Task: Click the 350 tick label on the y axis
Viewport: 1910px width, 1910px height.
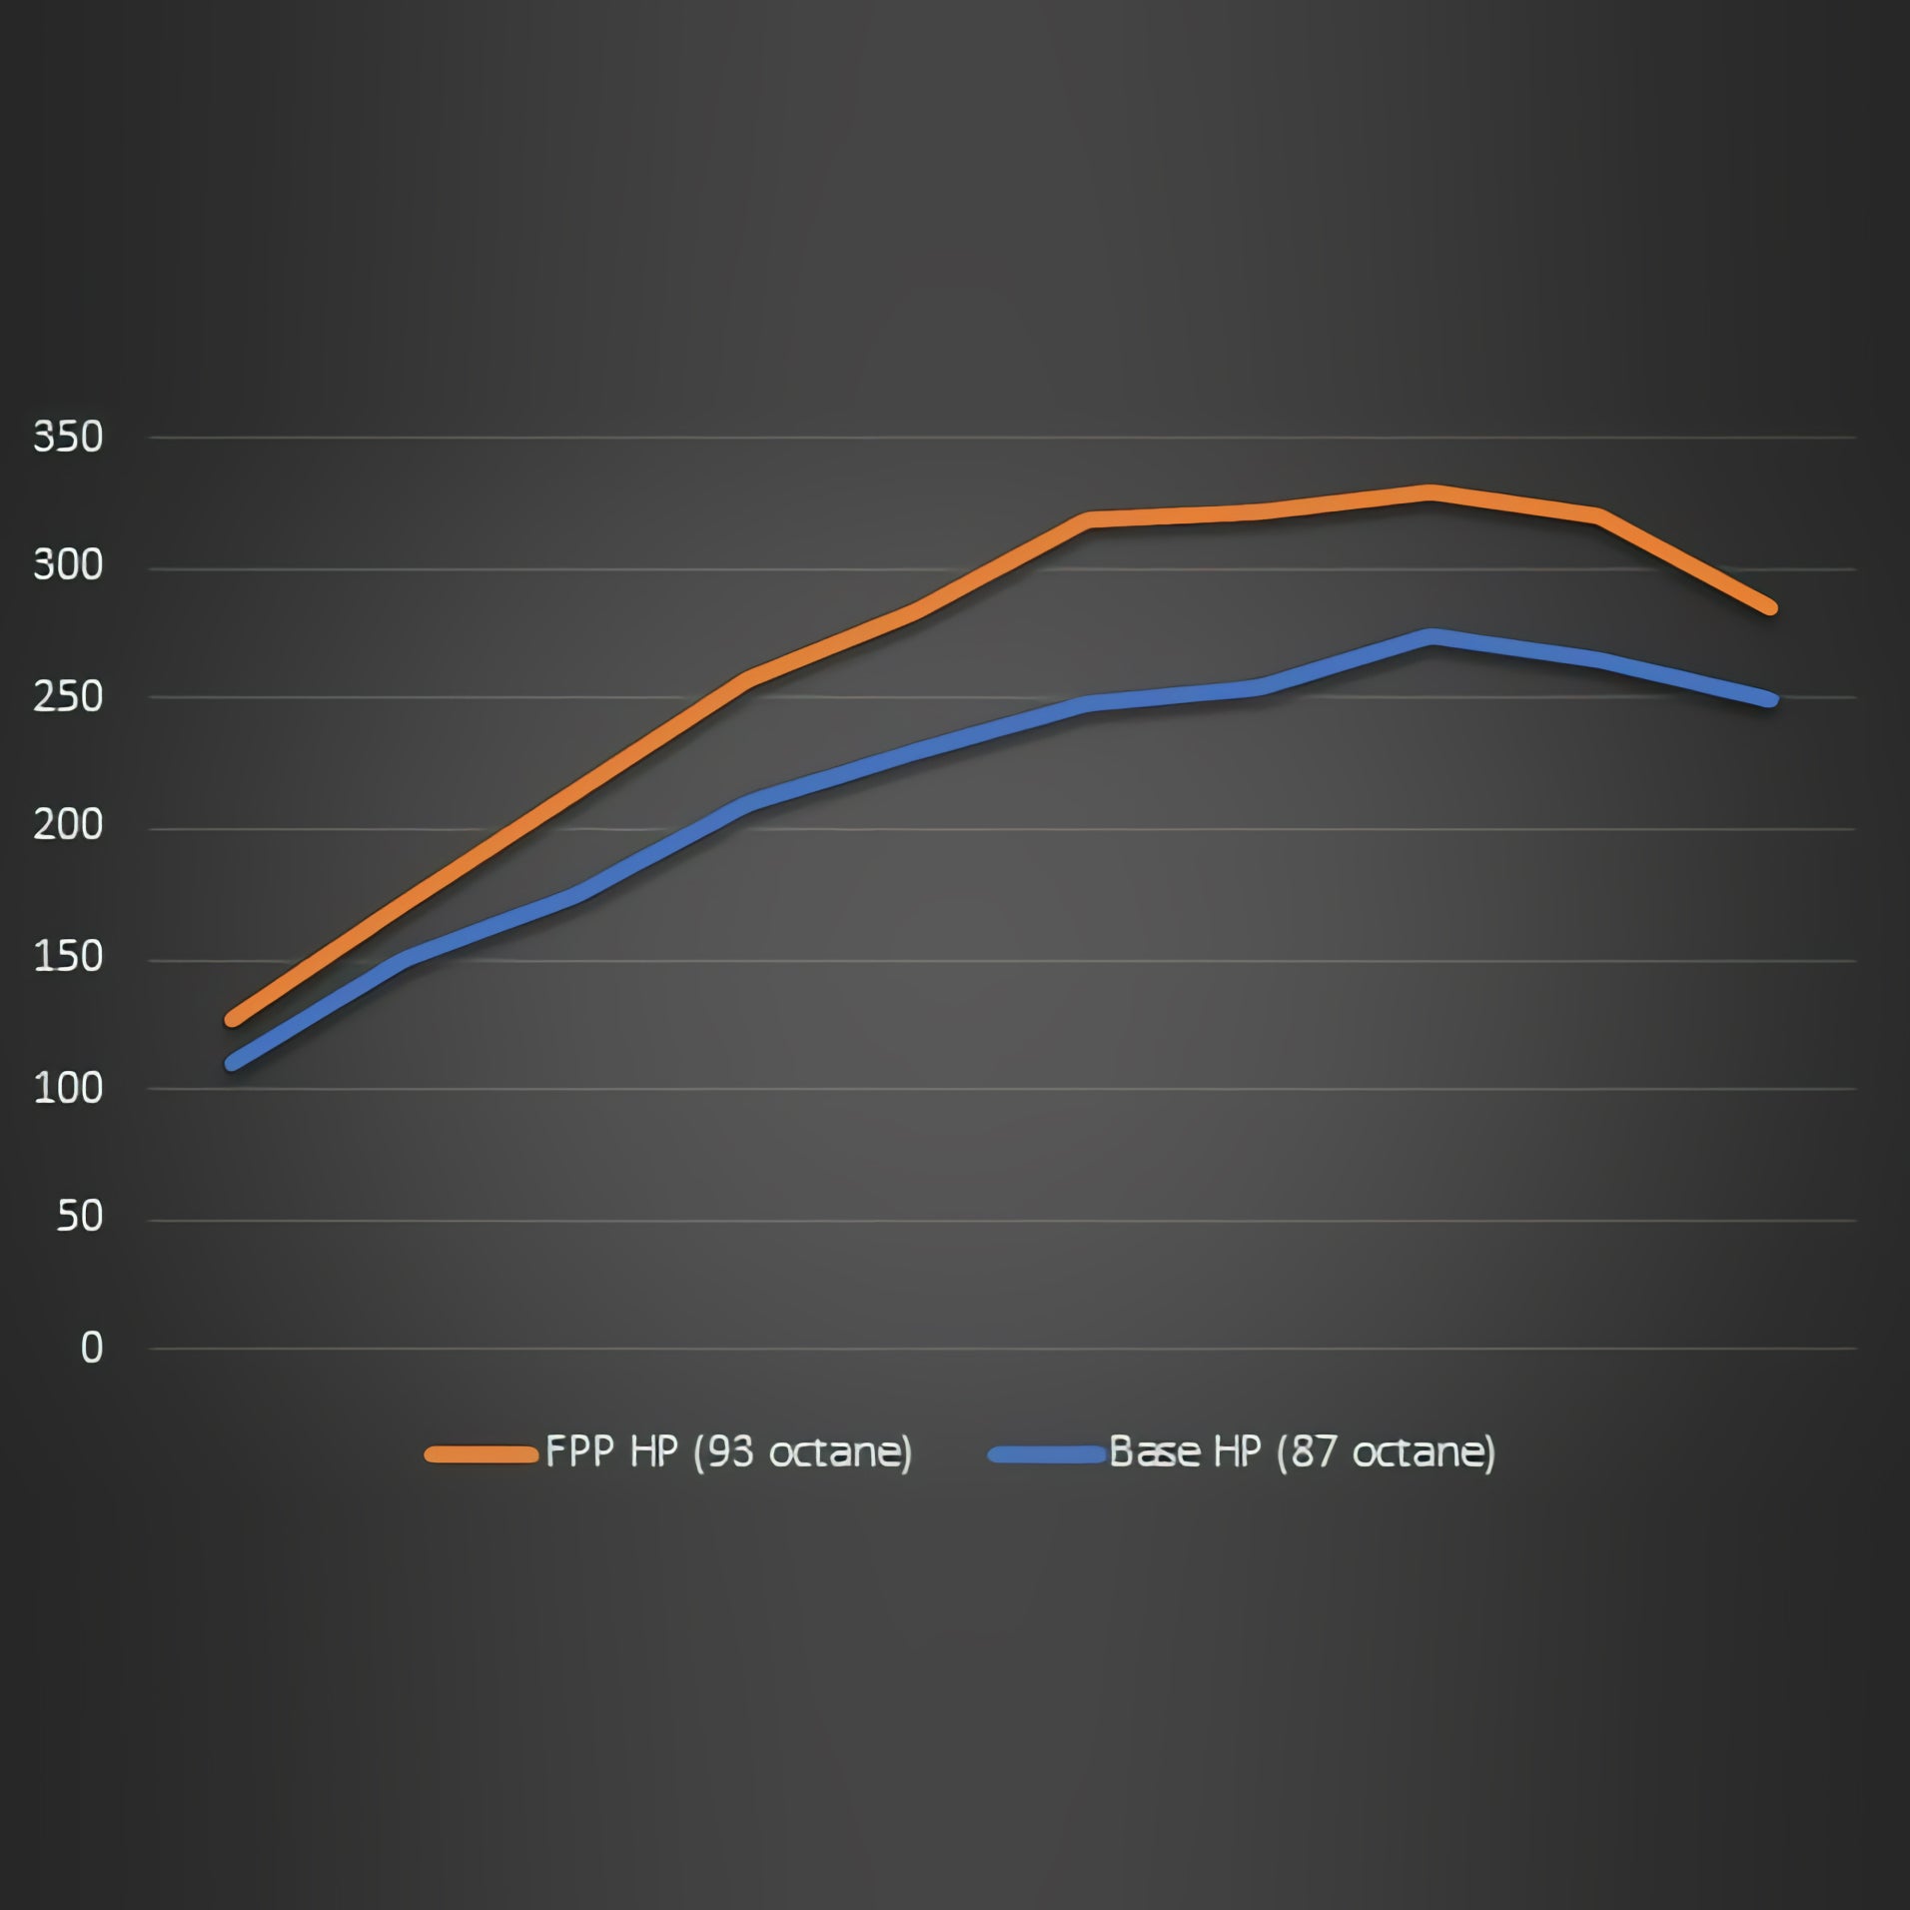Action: pos(68,438)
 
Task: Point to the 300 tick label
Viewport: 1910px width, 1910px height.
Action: pos(68,566)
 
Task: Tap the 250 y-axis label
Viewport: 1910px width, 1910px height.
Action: pos(68,697)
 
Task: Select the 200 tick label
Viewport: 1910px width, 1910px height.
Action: pos(68,826)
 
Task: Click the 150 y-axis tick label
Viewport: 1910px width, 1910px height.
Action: pos(68,958)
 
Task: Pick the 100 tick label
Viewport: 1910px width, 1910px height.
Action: pos(68,1088)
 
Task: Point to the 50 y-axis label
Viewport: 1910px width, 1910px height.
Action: pos(79,1217)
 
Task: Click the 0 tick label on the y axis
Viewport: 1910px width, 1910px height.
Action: pos(91,1349)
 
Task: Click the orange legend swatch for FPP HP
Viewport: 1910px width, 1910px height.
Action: pos(480,1454)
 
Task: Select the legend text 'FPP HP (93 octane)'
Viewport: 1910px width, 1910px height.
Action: pos(728,1452)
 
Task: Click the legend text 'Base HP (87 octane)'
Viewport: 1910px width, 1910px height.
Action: pos(1302,1452)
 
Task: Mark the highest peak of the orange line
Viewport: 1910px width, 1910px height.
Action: pos(1431,492)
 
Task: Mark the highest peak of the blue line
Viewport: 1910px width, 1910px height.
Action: pos(1432,636)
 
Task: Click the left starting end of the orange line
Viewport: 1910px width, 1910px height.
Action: pos(233,1019)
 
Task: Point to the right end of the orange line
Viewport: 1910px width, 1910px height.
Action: pos(1770,607)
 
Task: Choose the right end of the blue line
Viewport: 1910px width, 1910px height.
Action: pos(1770,699)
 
